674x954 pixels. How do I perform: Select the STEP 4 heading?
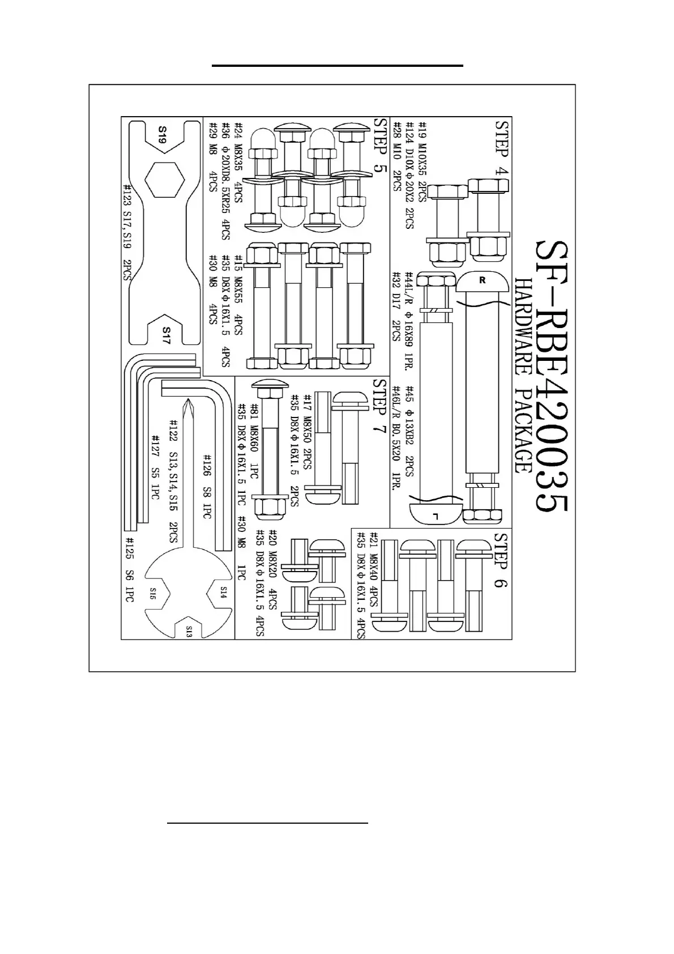501,146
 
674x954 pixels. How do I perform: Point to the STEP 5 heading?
380,146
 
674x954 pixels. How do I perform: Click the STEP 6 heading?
500,560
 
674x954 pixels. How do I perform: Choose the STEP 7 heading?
379,407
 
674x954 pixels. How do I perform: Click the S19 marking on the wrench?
162,135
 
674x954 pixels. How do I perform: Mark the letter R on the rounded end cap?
483,280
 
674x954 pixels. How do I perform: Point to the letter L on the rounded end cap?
435,516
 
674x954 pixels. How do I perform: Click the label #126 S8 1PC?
207,486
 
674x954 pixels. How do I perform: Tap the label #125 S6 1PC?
129,569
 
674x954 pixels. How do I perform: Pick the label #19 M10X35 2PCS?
422,161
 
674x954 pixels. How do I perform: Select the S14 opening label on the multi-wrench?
223,593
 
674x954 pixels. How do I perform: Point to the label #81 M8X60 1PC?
254,441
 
